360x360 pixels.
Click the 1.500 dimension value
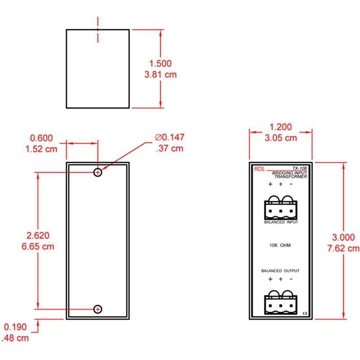pyautogui.click(x=160, y=64)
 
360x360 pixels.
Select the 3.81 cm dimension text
pyautogui.click(x=160, y=75)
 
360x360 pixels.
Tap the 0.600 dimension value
pyautogui.click(x=41, y=138)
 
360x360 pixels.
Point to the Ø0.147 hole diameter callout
pyautogui.click(x=170, y=137)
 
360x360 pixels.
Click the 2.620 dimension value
pyautogui.click(x=38, y=236)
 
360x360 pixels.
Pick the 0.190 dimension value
pyautogui.click(x=15, y=327)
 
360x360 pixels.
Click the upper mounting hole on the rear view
pyautogui.click(x=98, y=172)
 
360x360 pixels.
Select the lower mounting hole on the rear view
pyautogui.click(x=98, y=309)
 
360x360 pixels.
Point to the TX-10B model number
pyautogui.click(x=299, y=168)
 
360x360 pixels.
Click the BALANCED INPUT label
pyautogui.click(x=281, y=222)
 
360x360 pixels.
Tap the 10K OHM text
pyautogui.click(x=280, y=246)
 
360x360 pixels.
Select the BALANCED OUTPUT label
pyautogui.click(x=280, y=271)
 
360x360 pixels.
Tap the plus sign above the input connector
pyautogui.click(x=270, y=185)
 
